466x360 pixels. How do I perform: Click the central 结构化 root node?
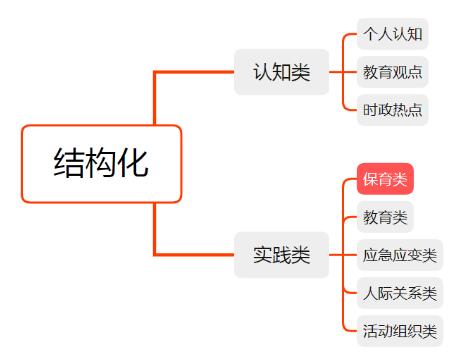click(x=102, y=164)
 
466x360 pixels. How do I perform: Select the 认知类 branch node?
click(x=282, y=72)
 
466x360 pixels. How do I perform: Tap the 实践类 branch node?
click(x=282, y=255)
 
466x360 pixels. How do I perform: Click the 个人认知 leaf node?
click(x=393, y=34)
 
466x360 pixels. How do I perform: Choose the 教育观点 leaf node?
click(x=393, y=72)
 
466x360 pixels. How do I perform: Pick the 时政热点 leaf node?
click(x=393, y=110)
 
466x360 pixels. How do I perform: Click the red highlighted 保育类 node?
click(x=385, y=179)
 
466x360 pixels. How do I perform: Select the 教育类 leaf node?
click(x=385, y=217)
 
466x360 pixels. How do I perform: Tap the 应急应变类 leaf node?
click(x=400, y=255)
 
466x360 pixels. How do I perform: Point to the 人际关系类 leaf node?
click(x=400, y=293)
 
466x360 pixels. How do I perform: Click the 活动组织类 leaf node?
click(x=400, y=331)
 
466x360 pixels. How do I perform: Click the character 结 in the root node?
click(x=69, y=163)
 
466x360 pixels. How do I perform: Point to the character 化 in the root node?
click(x=133, y=163)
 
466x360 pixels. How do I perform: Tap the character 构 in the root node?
click(x=101, y=163)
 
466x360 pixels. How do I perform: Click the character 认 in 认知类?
click(x=263, y=72)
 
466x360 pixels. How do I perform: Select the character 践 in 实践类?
click(x=282, y=255)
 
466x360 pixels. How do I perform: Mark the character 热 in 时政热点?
click(x=400, y=110)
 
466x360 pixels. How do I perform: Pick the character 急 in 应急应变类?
click(x=385, y=255)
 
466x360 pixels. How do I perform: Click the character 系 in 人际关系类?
click(x=415, y=293)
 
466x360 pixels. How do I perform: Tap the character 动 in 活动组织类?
click(x=385, y=331)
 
